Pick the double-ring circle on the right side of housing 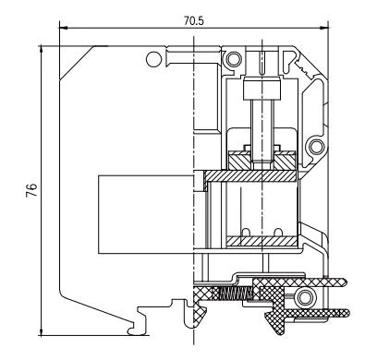[317, 147]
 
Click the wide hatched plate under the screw [253, 174]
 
